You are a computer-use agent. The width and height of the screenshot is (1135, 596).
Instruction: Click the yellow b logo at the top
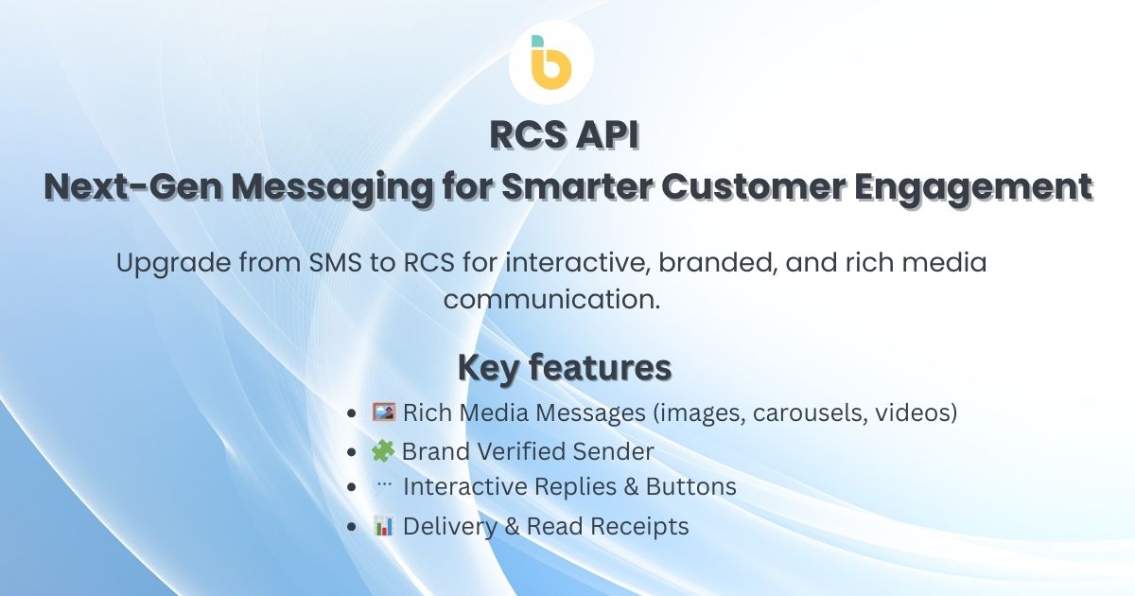pos(551,62)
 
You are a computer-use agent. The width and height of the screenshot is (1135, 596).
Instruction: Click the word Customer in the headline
pos(753,187)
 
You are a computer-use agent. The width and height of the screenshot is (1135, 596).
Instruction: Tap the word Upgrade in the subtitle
pos(174,264)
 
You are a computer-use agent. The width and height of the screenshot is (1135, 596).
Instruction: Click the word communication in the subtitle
pos(551,300)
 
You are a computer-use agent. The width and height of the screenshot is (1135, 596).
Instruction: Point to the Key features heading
pos(565,368)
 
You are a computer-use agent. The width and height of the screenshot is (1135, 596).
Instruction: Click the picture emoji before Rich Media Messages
pos(384,412)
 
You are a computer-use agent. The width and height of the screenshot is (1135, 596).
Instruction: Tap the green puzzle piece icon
pos(383,451)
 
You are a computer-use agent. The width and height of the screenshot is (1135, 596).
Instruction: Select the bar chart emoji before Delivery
pos(384,526)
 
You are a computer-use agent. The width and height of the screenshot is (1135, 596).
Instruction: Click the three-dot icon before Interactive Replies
pos(385,484)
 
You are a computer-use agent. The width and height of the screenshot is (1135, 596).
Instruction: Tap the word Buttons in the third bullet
pos(690,486)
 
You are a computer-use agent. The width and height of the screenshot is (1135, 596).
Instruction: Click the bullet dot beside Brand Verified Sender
pos(352,452)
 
